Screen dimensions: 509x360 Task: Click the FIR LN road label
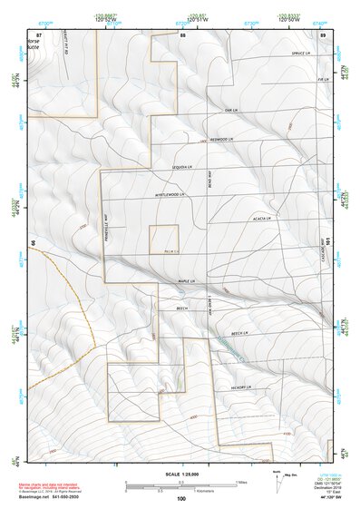(322, 80)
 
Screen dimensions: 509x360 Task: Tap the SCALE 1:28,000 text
(180, 473)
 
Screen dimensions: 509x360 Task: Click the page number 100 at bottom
(181, 498)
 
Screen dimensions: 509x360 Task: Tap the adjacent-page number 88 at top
(182, 34)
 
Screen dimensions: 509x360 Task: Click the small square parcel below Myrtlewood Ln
(164, 240)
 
